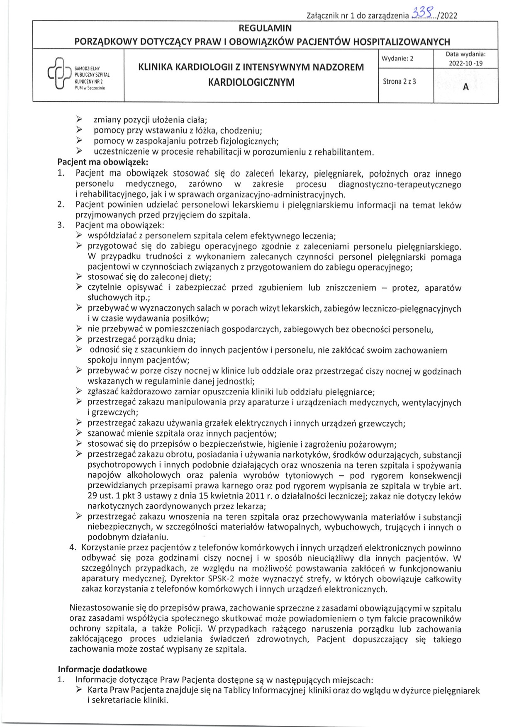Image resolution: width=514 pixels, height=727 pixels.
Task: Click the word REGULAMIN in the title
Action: tap(265, 28)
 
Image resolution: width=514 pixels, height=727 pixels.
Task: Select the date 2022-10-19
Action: tap(465, 63)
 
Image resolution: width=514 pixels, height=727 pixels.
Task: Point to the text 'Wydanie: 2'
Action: tap(398, 58)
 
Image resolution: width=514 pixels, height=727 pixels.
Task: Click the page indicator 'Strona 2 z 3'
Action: tap(399, 81)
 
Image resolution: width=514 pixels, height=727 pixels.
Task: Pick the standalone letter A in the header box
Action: tap(465, 87)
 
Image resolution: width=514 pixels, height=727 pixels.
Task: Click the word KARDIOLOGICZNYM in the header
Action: tap(251, 82)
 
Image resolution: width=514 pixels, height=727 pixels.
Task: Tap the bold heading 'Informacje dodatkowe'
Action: tap(102, 669)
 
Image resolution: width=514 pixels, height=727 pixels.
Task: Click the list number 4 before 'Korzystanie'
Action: tap(73, 548)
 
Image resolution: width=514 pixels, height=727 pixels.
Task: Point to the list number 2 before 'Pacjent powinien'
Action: tap(61, 204)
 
